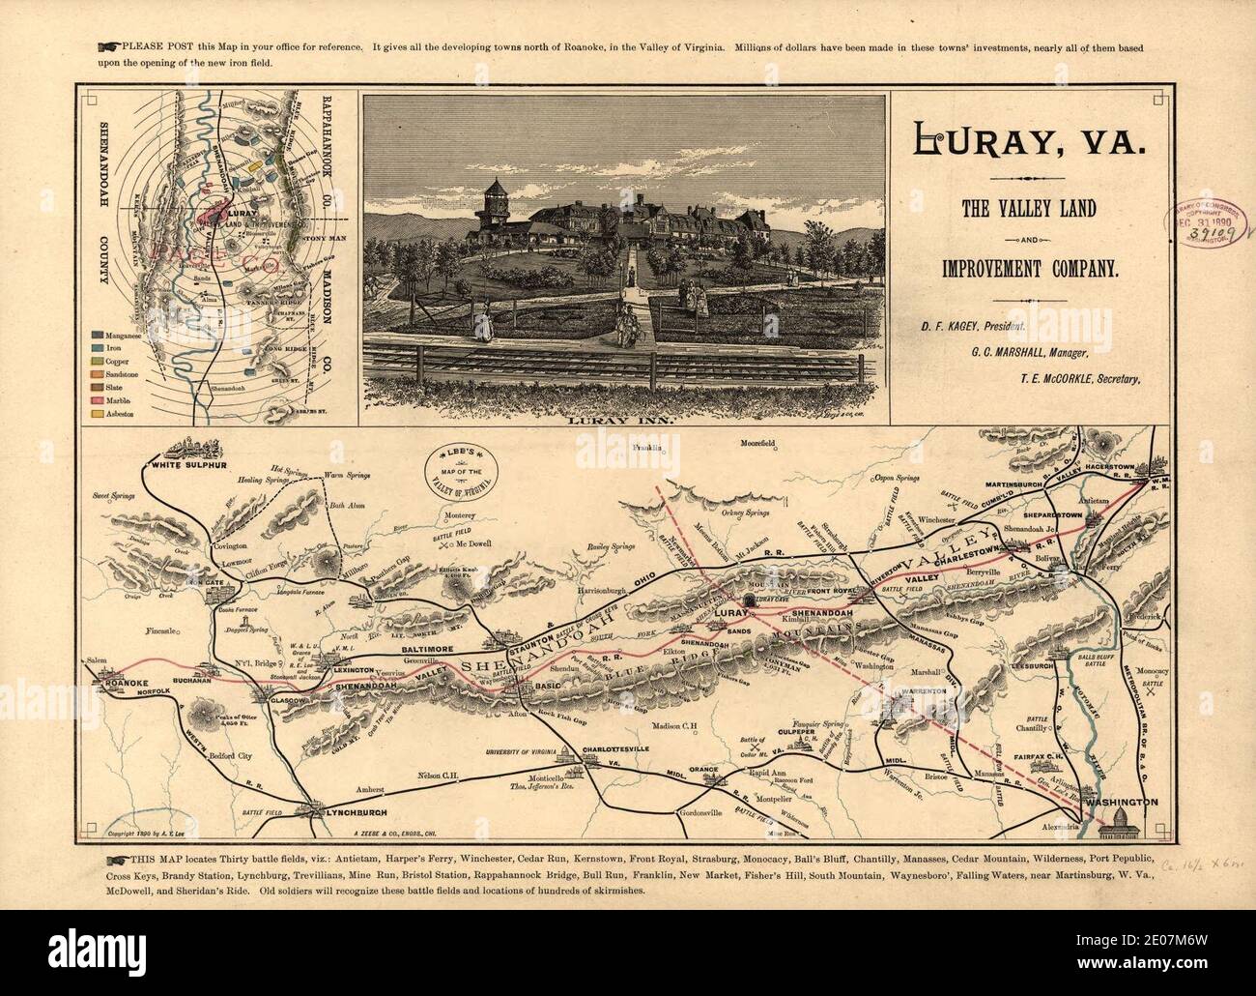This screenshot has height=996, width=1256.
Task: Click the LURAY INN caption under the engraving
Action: pos(624,421)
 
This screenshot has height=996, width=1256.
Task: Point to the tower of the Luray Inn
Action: pos(495,198)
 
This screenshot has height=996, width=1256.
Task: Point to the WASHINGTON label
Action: pos(1121,803)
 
